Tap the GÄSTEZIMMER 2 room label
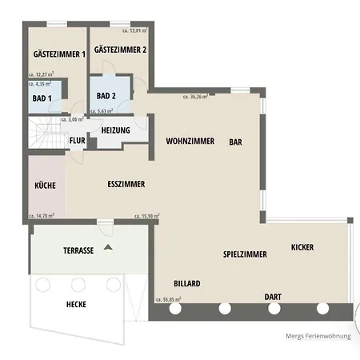(120, 50)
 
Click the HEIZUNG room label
(117, 130)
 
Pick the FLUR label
(78, 140)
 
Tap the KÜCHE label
(45, 186)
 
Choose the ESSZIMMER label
(126, 184)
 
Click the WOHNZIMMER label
(190, 141)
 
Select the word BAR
(236, 142)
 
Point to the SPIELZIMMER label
(245, 254)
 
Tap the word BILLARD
(187, 283)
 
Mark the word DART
(273, 297)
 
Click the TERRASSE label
(78, 250)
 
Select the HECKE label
(77, 304)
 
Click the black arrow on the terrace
(108, 248)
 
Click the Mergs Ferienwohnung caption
(318, 336)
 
